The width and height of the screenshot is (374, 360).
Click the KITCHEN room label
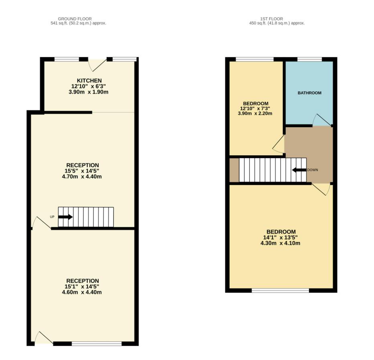(89, 81)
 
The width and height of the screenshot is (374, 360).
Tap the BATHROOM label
(309, 93)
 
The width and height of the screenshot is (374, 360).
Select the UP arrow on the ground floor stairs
(65, 217)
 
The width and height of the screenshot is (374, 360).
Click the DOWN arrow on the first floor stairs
(299, 170)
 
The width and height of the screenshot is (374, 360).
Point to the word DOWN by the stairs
(313, 170)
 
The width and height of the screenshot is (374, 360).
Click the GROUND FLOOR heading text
(75, 19)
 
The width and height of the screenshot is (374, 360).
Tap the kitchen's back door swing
(98, 65)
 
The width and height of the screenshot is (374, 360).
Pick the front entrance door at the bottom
(43, 338)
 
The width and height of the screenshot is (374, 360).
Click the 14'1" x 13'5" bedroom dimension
(281, 238)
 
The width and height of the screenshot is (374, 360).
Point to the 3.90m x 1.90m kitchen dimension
(89, 92)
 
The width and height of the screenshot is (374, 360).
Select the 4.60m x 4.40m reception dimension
(83, 292)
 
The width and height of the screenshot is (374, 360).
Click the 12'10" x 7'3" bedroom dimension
(255, 108)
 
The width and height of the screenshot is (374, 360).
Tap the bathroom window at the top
(309, 60)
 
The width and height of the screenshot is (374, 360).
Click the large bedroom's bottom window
(280, 290)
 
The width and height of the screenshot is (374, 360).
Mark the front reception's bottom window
(96, 344)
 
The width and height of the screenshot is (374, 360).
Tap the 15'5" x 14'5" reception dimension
(83, 171)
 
